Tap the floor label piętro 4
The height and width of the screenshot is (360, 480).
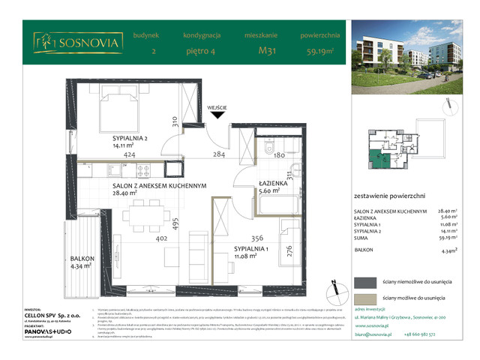tap(200, 52)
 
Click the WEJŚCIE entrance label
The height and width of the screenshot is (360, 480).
tap(217, 107)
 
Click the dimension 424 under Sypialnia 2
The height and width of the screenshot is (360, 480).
tap(129, 156)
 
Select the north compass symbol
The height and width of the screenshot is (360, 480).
tap(333, 286)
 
